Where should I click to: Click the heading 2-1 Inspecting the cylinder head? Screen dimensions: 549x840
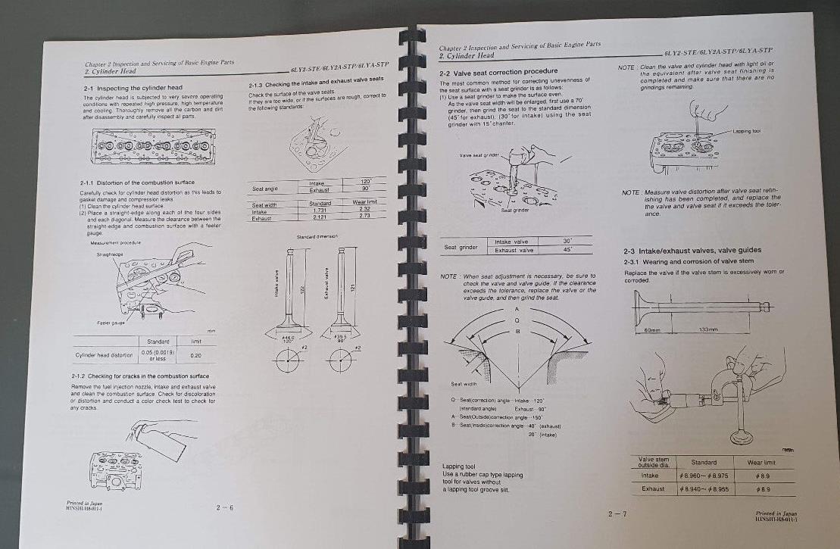[133, 89]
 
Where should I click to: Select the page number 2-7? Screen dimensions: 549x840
[617, 515]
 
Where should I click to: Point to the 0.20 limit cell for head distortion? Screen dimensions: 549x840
[196, 354]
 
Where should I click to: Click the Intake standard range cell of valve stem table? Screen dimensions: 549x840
[704, 475]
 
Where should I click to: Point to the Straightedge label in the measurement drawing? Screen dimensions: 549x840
[106, 255]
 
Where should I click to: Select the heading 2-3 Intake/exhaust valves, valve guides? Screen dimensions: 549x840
[693, 251]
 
